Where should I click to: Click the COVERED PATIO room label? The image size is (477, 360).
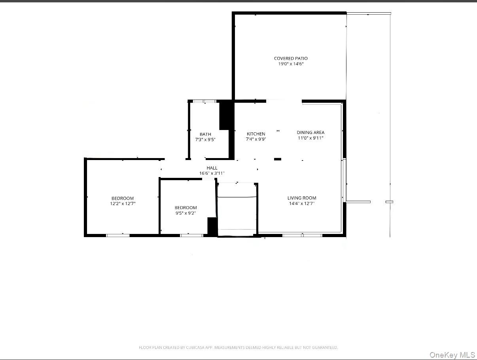[x=291, y=58]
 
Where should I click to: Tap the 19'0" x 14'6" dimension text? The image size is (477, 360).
[x=291, y=64]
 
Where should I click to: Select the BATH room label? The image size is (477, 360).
[x=205, y=134]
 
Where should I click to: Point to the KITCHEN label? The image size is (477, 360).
[x=256, y=134]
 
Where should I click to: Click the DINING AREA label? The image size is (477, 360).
[x=310, y=132]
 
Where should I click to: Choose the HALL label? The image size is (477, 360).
[x=212, y=168]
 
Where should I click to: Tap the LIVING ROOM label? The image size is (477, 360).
[x=302, y=198]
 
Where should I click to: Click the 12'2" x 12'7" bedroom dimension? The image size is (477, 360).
[x=123, y=204]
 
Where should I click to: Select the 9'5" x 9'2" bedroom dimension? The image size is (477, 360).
[x=185, y=213]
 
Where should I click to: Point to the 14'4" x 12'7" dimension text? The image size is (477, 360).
[x=302, y=204]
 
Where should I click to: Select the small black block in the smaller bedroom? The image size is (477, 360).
[x=212, y=226]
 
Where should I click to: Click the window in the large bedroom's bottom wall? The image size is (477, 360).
[x=118, y=236]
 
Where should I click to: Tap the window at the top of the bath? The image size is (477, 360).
[x=204, y=102]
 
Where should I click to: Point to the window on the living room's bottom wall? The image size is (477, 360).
[x=302, y=236]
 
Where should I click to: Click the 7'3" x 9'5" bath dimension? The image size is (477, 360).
[x=205, y=140]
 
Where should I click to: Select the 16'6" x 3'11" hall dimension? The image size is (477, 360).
[x=212, y=173]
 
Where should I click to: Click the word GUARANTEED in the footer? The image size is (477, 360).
[x=325, y=348]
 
